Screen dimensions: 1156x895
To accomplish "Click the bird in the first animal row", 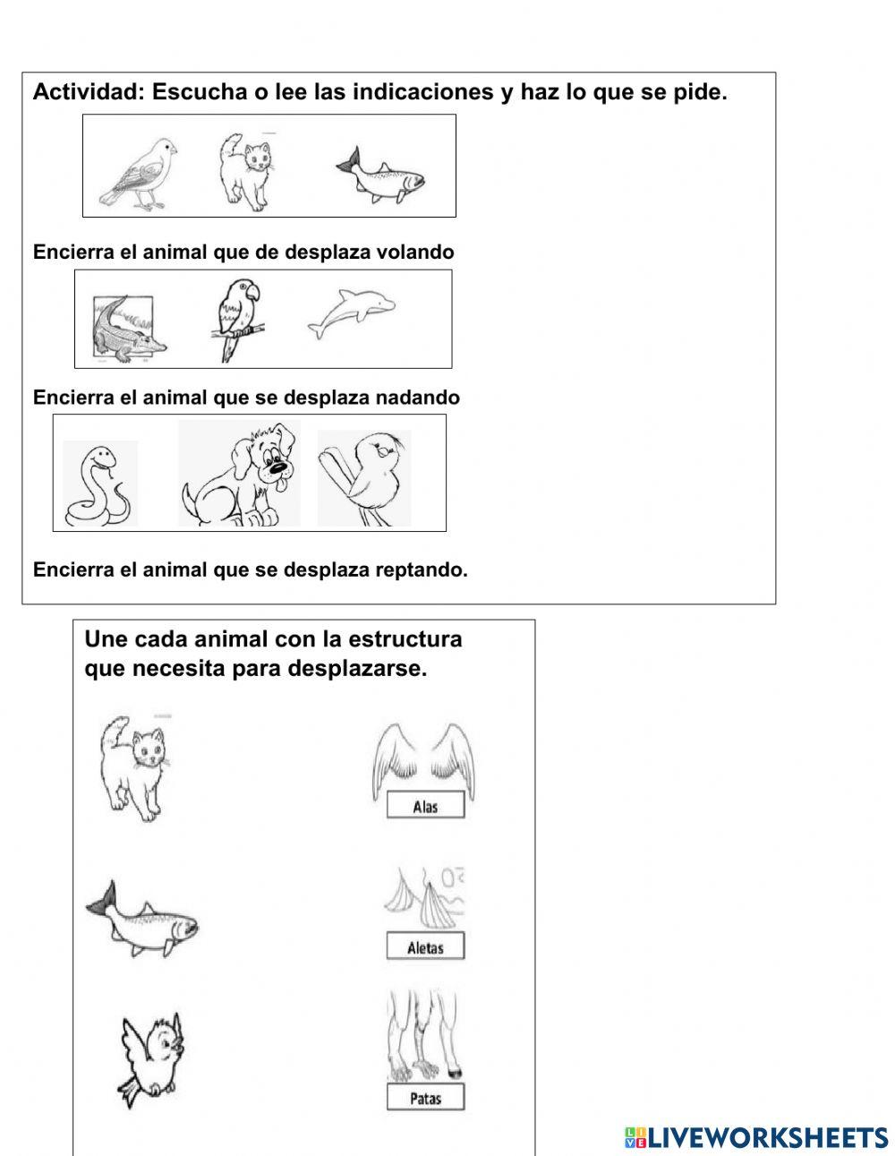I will (x=139, y=173).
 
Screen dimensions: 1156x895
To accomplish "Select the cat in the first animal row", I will (x=245, y=172).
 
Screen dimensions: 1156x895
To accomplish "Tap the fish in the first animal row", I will (x=381, y=176).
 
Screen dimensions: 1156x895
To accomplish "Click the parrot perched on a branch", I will (x=238, y=318).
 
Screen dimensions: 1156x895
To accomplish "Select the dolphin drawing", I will (x=351, y=314).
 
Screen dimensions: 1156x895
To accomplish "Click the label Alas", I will (x=425, y=806).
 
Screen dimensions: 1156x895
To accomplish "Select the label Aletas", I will (x=425, y=947).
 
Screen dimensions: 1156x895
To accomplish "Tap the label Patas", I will (x=425, y=1098).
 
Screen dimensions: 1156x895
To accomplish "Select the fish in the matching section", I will (x=143, y=921).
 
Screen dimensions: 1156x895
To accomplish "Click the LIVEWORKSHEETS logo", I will (x=756, y=1137).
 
